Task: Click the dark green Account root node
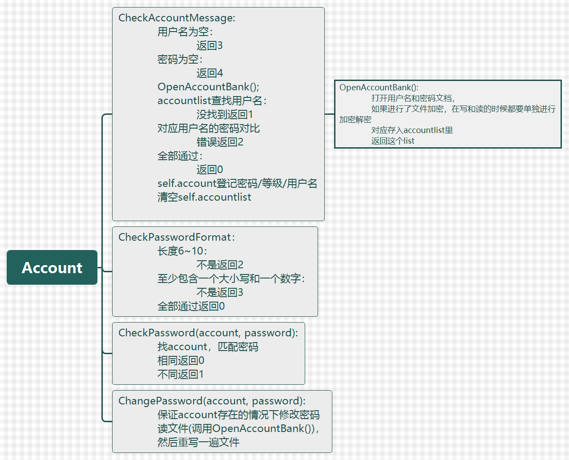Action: point(52,267)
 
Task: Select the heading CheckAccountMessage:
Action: point(177,18)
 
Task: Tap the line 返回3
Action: point(210,45)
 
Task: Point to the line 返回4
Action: point(210,73)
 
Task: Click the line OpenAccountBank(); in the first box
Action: point(208,87)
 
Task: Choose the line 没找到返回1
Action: point(225,114)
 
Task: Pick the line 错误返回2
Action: point(220,142)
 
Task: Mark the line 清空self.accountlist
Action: point(204,197)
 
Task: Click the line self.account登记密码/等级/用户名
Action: point(237,183)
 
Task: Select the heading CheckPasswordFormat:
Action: point(176,237)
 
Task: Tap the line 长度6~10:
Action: point(182,251)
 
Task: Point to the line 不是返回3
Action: point(220,292)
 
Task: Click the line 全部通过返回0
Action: point(191,306)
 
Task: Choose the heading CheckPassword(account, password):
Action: point(208,333)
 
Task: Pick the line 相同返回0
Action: point(181,360)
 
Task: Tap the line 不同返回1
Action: point(180,374)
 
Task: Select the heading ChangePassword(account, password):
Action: point(212,401)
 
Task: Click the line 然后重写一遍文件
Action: point(198,442)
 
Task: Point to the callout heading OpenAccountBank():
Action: point(379,88)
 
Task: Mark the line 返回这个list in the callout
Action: point(392,141)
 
